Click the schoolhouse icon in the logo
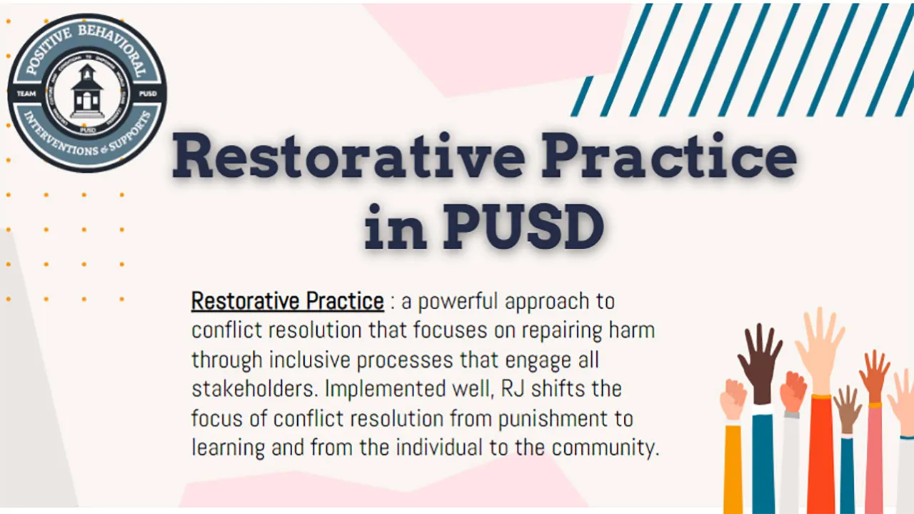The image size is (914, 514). click(87, 92)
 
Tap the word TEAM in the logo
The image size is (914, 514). click(26, 93)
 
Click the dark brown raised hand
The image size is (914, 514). click(760, 357)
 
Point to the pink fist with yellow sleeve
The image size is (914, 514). click(733, 400)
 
